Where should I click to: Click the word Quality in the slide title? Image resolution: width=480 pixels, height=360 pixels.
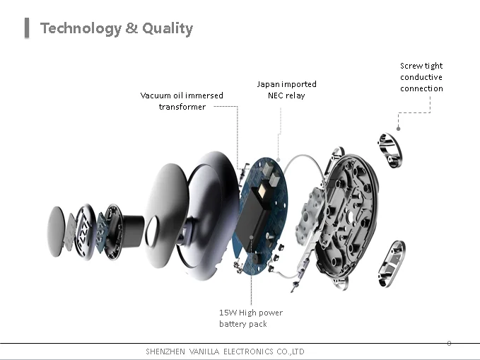click(x=168, y=28)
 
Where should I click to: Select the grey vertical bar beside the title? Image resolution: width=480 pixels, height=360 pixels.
click(x=27, y=28)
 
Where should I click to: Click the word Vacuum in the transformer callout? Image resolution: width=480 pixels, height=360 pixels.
click(x=156, y=95)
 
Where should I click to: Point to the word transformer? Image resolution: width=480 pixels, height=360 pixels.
click(x=182, y=107)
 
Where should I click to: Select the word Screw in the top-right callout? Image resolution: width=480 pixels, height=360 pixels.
click(x=411, y=66)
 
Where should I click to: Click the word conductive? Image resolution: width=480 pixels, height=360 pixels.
click(x=421, y=77)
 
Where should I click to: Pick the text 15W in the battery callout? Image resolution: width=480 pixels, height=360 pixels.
click(x=228, y=313)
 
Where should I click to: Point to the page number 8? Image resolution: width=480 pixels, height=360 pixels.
click(x=449, y=343)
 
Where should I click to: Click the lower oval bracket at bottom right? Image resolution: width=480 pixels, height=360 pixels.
click(x=391, y=265)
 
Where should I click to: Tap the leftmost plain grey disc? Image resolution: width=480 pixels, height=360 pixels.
click(x=56, y=231)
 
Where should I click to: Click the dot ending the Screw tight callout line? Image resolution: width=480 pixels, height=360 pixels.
click(x=399, y=129)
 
